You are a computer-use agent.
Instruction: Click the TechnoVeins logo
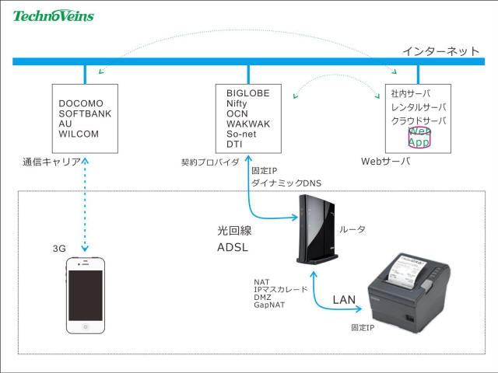coord(53,15)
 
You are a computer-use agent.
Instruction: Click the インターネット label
coord(440,51)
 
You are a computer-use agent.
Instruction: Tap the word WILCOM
coord(79,134)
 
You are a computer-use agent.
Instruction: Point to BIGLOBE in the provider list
coord(247,93)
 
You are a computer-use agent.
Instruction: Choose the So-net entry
coord(240,134)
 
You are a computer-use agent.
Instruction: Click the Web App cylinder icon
coord(419,138)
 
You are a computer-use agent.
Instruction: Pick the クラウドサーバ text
coord(419,121)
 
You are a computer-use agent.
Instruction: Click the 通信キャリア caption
coord(52,162)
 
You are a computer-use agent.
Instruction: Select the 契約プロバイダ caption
coord(210,162)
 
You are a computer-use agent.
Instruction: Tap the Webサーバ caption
coord(385,162)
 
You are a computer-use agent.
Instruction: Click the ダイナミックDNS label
coord(286,183)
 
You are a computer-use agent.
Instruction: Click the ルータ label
coord(352,229)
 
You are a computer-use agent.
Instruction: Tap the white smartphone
coord(85,296)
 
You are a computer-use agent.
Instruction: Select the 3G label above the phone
coord(59,249)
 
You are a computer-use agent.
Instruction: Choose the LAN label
coord(344,299)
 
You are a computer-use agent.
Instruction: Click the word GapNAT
coord(268,305)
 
